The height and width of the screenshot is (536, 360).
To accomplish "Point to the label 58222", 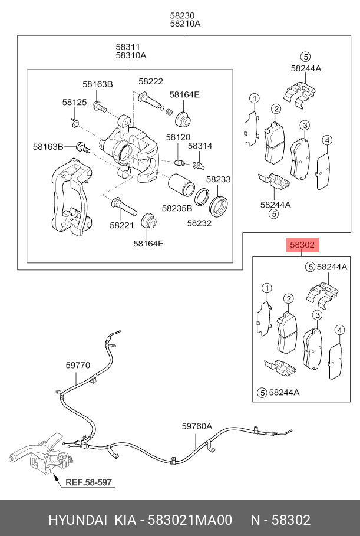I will [151, 81].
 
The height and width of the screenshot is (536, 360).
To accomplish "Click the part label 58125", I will [74, 103].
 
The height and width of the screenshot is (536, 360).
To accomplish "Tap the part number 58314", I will [200, 146].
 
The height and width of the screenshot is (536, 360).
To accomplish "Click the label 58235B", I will [177, 208].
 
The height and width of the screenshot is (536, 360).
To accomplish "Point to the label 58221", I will [121, 224].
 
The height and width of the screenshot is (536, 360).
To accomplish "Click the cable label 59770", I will [78, 365].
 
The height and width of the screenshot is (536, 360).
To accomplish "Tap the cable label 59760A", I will [196, 426].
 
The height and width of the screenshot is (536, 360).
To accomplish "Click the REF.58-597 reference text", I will [88, 482].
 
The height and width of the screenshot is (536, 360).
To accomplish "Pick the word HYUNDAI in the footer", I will [77, 519].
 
